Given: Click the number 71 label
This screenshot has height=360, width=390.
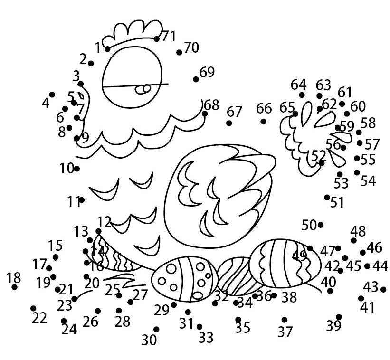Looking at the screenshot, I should click(169, 37).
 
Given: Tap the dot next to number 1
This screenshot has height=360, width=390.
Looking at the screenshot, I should click(108, 49).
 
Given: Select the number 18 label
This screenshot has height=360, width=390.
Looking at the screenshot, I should click(14, 277).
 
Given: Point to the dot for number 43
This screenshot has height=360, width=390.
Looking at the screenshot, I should click(383, 289).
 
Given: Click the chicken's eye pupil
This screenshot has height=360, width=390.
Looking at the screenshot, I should click(146, 88).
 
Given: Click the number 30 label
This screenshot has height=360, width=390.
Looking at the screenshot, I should click(149, 340).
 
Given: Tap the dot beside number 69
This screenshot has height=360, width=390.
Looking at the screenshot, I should click(196, 79).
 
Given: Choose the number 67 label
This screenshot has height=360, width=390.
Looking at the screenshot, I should click(235, 112).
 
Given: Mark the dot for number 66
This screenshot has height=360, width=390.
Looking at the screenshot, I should click(263, 122).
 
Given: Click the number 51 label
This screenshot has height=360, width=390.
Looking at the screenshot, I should click(337, 203).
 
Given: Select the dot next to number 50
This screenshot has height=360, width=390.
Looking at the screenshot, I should click(321, 225).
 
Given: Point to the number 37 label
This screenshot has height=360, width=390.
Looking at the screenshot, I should click(285, 332).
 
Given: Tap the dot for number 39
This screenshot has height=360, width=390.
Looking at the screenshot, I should click(339, 317).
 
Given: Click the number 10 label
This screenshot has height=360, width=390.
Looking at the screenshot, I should click(67, 168).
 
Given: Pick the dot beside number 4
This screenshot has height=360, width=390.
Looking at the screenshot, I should click(52, 95).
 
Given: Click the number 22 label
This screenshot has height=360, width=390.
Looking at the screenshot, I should click(39, 318).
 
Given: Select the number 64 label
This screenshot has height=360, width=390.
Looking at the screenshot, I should click(298, 85).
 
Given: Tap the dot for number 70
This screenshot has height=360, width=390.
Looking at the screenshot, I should click(179, 52).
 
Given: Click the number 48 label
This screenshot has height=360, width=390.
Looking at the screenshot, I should click(358, 231).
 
